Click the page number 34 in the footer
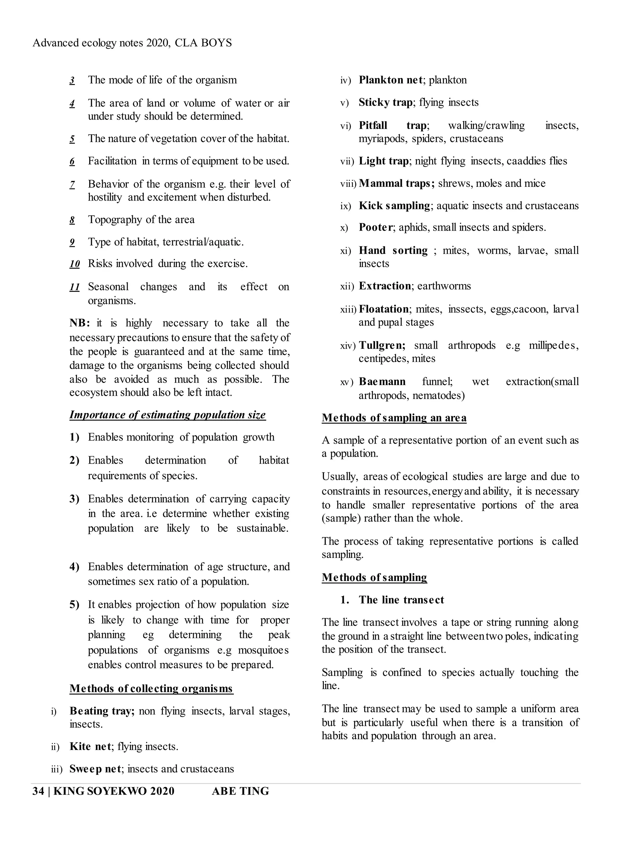click(x=38, y=791)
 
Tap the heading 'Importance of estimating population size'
click(x=167, y=415)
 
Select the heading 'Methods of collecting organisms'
click(x=151, y=688)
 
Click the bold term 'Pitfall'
click(x=373, y=126)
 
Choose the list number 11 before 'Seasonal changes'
click(x=75, y=287)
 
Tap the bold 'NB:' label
click(x=80, y=323)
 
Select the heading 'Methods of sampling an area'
click(x=394, y=418)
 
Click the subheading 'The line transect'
click(x=401, y=600)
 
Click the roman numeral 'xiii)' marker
click(x=348, y=309)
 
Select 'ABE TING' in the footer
click(x=240, y=791)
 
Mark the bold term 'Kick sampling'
click(x=394, y=206)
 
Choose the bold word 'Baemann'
click(x=382, y=382)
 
